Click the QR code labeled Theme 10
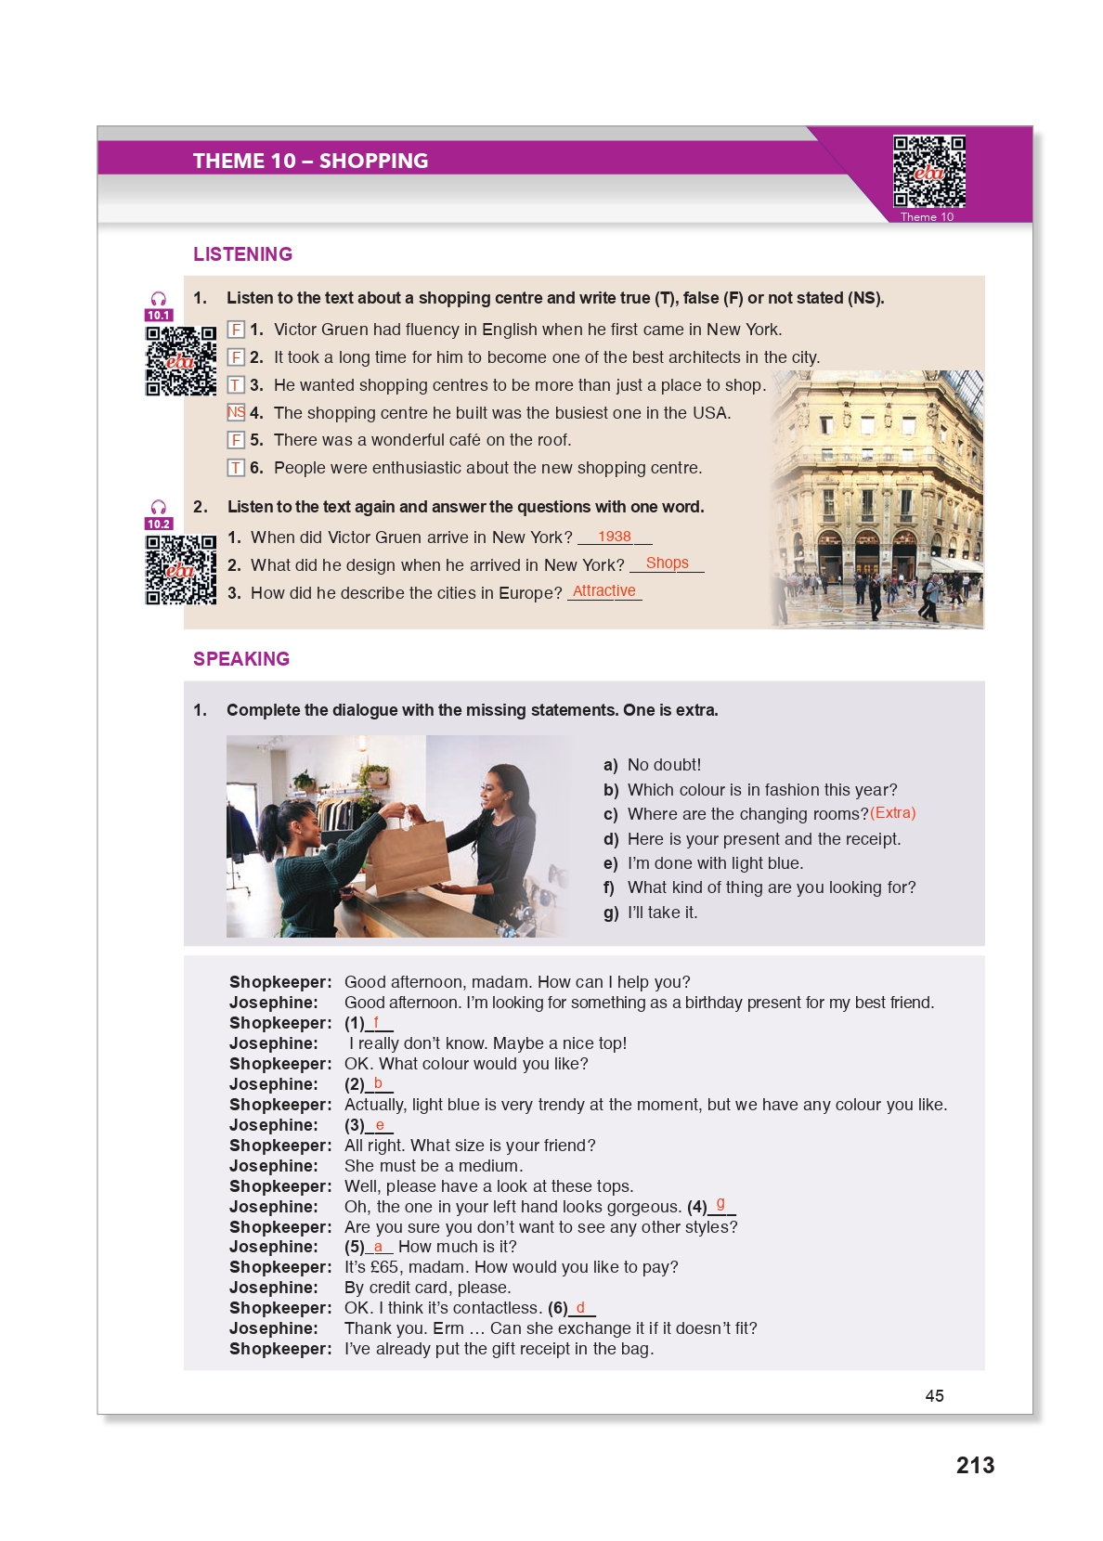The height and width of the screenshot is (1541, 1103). (928, 172)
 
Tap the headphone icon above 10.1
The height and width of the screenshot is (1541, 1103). (159, 299)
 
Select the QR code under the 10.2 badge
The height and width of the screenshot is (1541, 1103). (180, 570)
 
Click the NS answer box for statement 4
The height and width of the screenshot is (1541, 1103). (237, 412)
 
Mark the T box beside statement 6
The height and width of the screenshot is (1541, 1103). (237, 468)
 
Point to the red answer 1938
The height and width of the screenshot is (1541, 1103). (615, 537)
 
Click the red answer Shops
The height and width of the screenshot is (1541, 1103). (667, 563)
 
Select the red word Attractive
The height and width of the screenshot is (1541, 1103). (604, 590)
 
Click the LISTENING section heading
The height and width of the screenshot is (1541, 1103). (242, 254)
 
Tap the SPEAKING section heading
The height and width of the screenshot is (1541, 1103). (241, 659)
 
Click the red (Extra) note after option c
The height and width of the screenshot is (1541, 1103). (892, 813)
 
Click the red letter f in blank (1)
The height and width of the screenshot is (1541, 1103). (376, 1022)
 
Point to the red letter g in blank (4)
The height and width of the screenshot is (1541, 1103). (720, 1204)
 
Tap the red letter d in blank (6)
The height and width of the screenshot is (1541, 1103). (580, 1307)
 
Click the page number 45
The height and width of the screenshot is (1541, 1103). (934, 1395)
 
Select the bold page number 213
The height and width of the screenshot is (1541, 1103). (975, 1465)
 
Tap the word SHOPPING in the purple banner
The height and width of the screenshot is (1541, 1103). (373, 161)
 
